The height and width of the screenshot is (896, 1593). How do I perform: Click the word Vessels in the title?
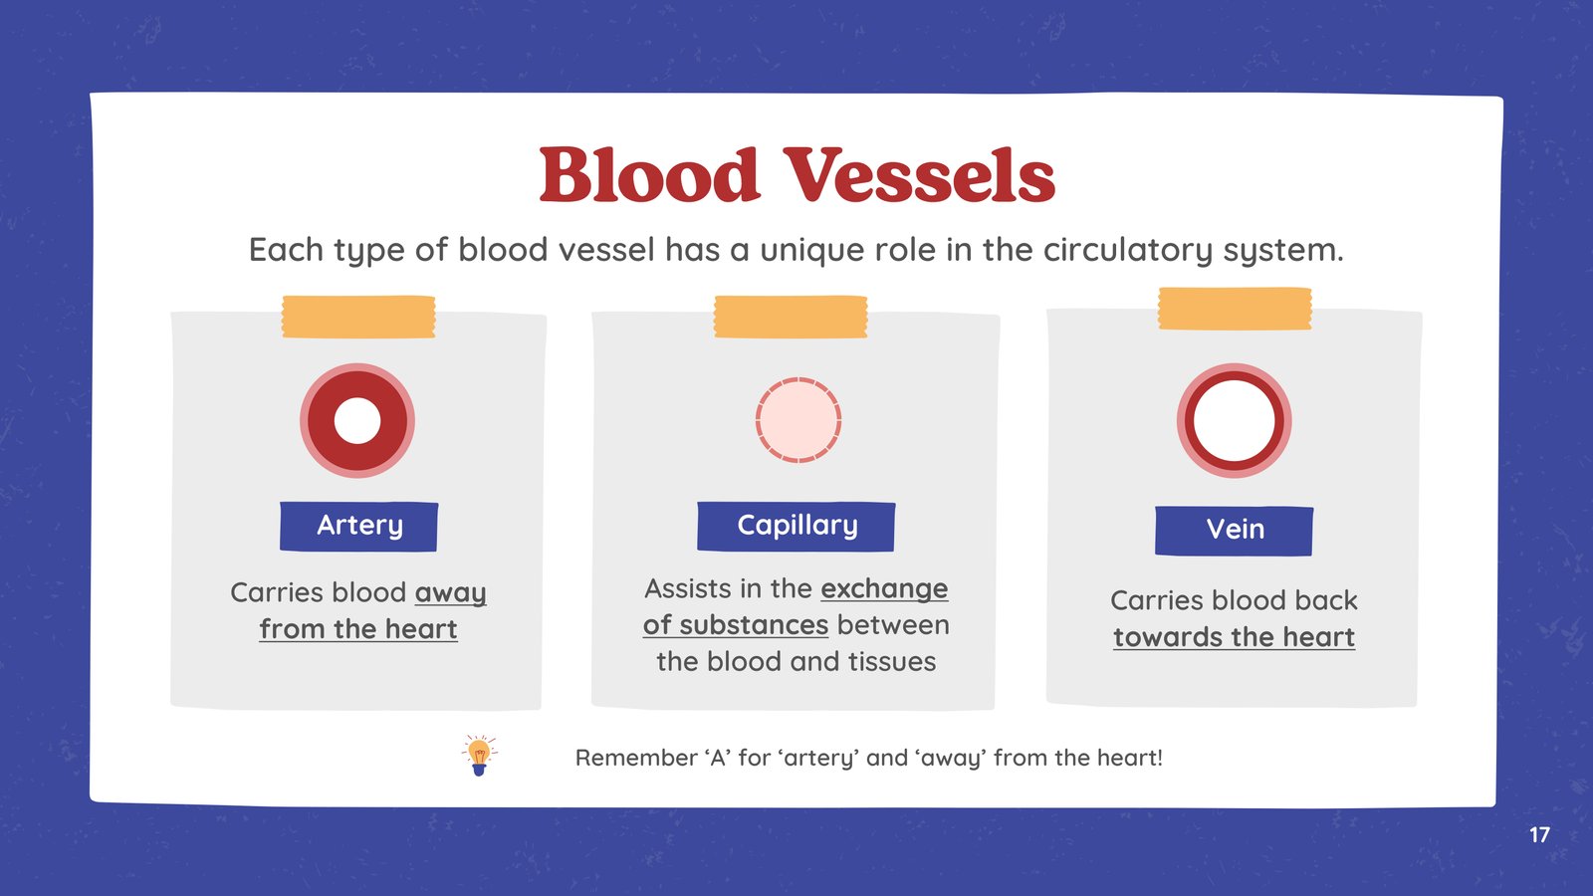(919, 175)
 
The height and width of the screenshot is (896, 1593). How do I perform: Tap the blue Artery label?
(358, 527)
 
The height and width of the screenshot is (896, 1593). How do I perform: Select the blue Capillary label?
(796, 527)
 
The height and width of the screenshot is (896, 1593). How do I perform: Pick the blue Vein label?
(1234, 531)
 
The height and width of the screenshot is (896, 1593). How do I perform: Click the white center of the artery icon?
(357, 420)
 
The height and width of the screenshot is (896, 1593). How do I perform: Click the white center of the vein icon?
(1234, 420)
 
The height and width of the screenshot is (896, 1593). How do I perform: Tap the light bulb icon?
(479, 756)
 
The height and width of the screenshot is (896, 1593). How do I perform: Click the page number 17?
(1539, 835)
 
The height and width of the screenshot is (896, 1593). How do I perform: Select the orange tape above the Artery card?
(358, 317)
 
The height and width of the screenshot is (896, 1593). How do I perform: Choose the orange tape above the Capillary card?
(791, 317)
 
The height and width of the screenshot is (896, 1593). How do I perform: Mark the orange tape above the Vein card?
(1235, 309)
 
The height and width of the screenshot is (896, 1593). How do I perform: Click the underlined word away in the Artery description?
(450, 593)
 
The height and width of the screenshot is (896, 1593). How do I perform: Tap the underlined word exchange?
(884, 589)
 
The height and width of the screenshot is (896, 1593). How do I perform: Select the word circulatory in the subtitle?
(1128, 250)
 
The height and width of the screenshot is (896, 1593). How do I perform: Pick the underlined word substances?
(753, 626)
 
